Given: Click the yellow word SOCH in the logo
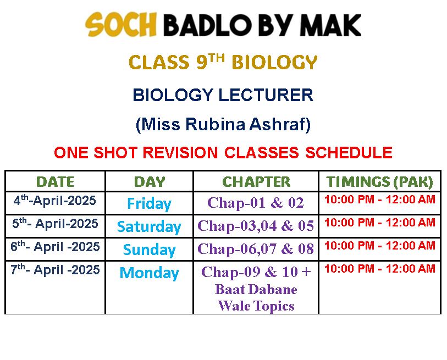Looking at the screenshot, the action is (121, 25).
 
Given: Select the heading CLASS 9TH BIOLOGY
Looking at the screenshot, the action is (223, 62).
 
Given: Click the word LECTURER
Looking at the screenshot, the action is (266, 95).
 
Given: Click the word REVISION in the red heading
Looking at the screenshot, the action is (180, 152).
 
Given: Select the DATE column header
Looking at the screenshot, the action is (56, 182).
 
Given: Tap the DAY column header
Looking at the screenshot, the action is (150, 182).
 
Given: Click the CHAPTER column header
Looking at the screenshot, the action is (256, 181).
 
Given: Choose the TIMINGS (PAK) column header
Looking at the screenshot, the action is (380, 182).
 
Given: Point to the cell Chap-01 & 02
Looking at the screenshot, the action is (256, 203).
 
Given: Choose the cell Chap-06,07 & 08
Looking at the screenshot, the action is (256, 248).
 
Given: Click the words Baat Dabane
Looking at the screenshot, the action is (256, 289).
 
